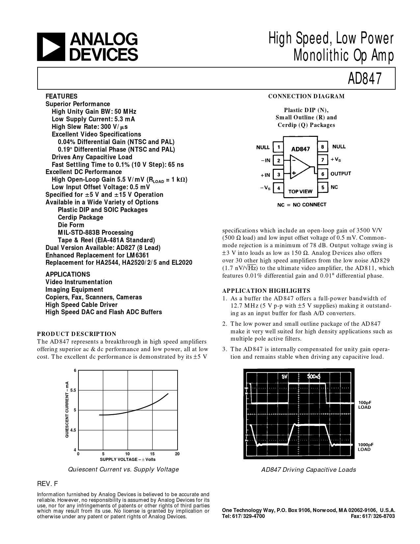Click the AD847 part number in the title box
point(365,78)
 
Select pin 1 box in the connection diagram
point(279,147)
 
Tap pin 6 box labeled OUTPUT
point(322,174)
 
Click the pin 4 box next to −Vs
point(279,188)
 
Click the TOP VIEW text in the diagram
point(300,191)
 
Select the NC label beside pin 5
point(334,187)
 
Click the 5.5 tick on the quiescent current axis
point(73,390)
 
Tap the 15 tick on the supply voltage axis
point(153,454)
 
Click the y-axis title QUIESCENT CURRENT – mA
point(67,409)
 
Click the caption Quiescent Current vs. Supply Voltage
point(123,469)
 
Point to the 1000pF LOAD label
point(365,447)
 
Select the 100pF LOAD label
point(365,405)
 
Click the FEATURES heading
point(62,96)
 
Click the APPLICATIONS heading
point(68,274)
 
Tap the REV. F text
point(48,484)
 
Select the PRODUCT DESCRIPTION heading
point(77,334)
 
